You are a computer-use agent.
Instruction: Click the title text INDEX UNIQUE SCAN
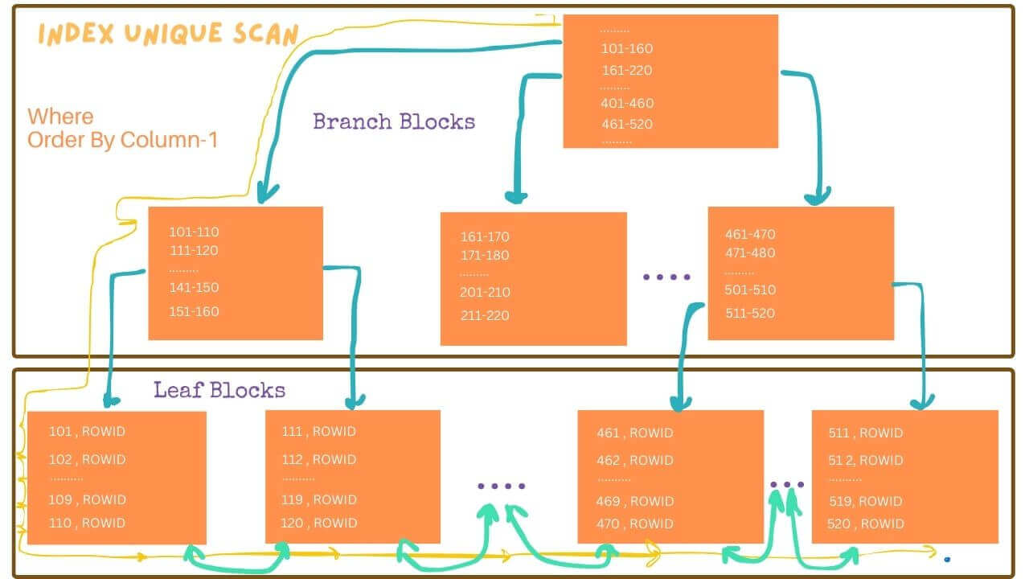click(x=168, y=34)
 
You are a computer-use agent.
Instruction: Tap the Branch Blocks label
click(x=394, y=121)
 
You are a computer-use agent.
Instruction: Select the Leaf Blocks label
click(x=219, y=390)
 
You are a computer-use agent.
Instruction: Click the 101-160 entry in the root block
click(x=626, y=49)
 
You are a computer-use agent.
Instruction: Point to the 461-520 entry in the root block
click(x=626, y=124)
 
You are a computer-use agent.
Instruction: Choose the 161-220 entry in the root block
click(x=626, y=70)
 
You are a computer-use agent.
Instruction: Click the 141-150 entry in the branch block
click(x=194, y=288)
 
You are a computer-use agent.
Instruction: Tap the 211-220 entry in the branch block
click(x=485, y=316)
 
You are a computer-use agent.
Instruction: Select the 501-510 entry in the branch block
click(x=750, y=290)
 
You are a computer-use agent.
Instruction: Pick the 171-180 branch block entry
click(x=485, y=256)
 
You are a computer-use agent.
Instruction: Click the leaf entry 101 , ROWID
click(x=87, y=432)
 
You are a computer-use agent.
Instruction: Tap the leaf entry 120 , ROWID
click(x=319, y=523)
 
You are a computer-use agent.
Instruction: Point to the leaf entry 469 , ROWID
click(x=635, y=501)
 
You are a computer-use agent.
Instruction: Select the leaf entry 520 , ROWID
click(x=866, y=524)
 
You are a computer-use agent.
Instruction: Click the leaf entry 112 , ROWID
click(x=319, y=459)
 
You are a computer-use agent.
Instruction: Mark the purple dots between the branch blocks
click(x=666, y=277)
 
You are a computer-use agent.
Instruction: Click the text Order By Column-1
click(x=122, y=140)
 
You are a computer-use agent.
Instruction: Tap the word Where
click(x=60, y=117)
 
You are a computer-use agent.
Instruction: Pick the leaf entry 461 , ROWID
click(x=635, y=433)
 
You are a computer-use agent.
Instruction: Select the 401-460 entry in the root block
click(x=626, y=103)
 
